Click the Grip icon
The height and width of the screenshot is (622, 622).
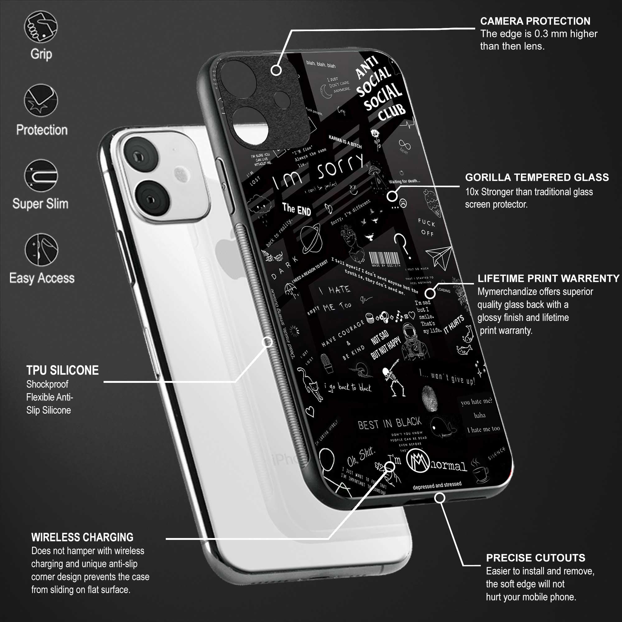tap(41, 27)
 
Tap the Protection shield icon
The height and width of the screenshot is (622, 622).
tap(41, 100)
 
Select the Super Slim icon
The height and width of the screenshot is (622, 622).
tap(41, 175)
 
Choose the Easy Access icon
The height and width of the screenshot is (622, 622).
tap(41, 249)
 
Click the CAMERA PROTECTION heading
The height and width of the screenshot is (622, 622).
tap(535, 21)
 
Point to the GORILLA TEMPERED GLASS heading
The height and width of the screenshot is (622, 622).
tap(537, 177)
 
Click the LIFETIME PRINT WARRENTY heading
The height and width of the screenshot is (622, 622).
tap(548, 278)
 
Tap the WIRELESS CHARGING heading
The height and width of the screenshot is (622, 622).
tap(82, 537)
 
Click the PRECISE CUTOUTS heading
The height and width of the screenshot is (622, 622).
tap(536, 558)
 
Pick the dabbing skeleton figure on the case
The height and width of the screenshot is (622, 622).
tap(394, 382)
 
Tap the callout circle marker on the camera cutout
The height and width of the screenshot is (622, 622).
tap(276, 70)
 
